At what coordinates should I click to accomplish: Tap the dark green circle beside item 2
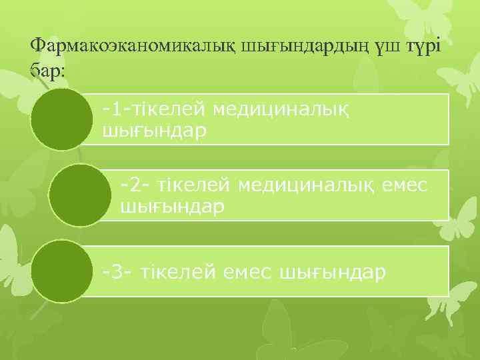(80, 195)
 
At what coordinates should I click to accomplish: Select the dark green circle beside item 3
(62, 271)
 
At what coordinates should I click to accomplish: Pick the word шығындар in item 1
(154, 131)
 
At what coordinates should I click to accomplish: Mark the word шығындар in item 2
(172, 207)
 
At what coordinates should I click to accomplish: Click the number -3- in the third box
(118, 272)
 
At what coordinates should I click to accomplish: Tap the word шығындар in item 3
(334, 272)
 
